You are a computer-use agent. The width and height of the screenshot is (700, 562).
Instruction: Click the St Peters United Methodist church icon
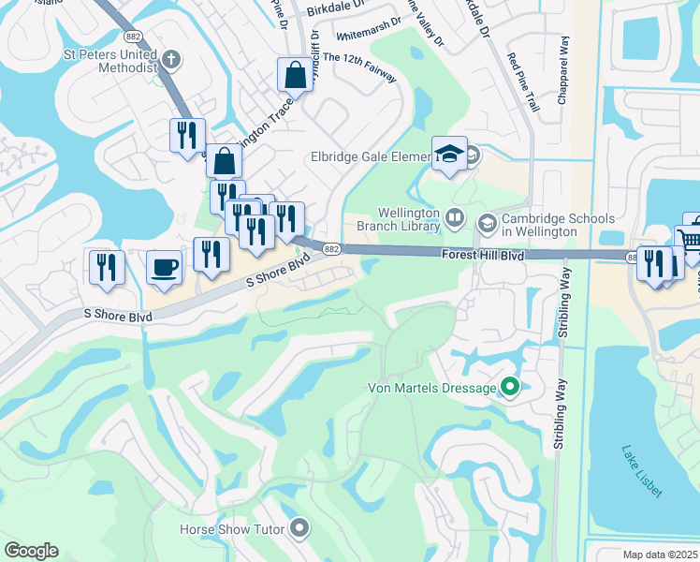(x=169, y=59)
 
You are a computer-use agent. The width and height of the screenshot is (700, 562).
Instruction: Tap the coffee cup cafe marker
(x=165, y=267)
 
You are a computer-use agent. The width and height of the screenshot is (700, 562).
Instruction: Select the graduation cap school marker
(x=449, y=154)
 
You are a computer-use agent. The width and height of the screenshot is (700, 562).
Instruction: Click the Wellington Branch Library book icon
(x=455, y=218)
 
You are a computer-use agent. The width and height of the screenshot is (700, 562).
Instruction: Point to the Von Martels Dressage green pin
(x=510, y=387)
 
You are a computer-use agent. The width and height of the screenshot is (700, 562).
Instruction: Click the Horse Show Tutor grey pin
(x=299, y=529)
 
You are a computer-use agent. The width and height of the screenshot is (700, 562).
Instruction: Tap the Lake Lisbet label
(x=642, y=470)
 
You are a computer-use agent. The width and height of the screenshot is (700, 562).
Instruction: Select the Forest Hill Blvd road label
(x=485, y=255)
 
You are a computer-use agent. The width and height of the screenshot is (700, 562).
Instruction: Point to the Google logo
(x=31, y=551)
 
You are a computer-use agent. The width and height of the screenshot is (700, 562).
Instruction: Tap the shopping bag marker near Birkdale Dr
(x=295, y=75)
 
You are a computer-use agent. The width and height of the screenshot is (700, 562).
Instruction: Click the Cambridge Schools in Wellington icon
(x=487, y=223)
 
